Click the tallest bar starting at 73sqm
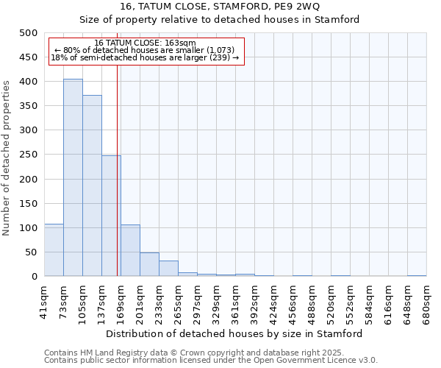pos(73,177)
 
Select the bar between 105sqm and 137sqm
pos(92,185)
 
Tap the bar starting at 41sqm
pos(54,250)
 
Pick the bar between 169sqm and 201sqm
pos(130,250)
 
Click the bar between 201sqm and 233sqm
pos(149,264)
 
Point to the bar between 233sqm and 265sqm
pos(168,269)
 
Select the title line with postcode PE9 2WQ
pos(220,7)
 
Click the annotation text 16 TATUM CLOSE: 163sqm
pos(146,43)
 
